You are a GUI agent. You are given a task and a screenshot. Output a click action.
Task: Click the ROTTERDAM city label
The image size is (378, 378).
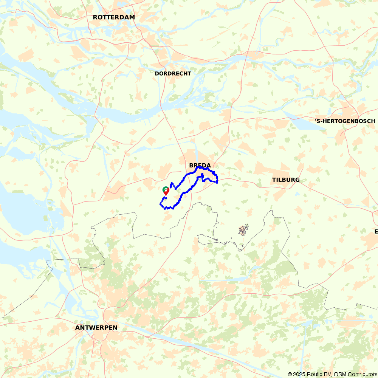coord(114,17)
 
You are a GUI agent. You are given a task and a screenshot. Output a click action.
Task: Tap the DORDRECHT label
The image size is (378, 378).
coord(173,73)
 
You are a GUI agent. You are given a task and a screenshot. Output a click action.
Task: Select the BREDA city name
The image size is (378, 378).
coord(200,165)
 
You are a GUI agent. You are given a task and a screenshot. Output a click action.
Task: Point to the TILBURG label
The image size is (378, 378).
coord(286,180)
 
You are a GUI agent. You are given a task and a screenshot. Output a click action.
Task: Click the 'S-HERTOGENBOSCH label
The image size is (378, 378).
coord(345,121)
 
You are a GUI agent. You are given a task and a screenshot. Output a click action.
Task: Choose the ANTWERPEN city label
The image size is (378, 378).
coord(96,328)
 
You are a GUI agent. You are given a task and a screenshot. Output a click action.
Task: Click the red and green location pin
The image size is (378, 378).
coord(166,191)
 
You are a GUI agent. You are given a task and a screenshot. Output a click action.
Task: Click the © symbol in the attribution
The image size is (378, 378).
coord(290,374)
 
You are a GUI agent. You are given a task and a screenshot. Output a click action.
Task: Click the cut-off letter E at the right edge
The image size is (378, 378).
coord(376,231)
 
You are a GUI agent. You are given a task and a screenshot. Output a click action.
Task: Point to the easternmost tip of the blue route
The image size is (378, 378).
coord(217,180)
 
